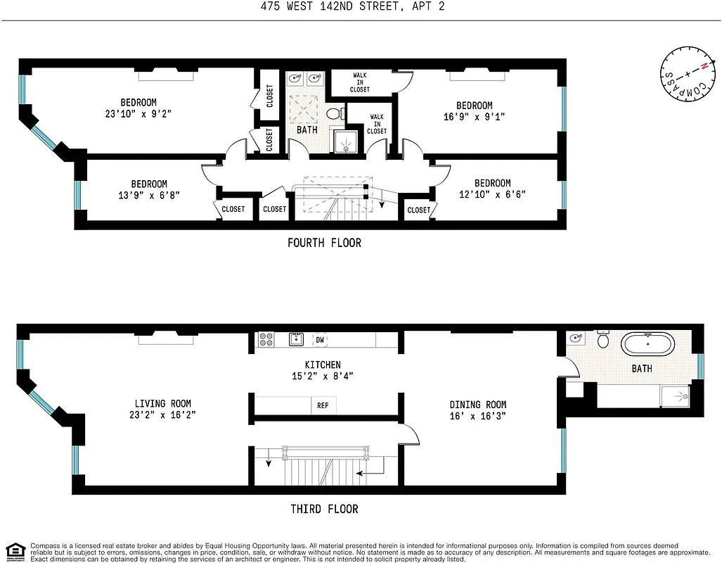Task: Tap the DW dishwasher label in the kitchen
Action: [x=320, y=340]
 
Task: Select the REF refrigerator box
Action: [x=323, y=406]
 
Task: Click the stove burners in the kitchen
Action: [x=266, y=340]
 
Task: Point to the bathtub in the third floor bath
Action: [x=647, y=345]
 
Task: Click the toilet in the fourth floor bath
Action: [x=335, y=113]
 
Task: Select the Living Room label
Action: [x=162, y=403]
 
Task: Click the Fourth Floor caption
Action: [x=324, y=243]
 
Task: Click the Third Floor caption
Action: [x=324, y=509]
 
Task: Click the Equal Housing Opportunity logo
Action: [x=15, y=550]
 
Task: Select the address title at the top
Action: [x=361, y=7]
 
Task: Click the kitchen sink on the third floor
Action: [x=297, y=340]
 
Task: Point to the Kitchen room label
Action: [x=323, y=365]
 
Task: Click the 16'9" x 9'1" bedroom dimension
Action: [x=474, y=117]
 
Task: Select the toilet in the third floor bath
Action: [x=602, y=341]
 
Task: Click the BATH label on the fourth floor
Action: [x=307, y=130]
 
